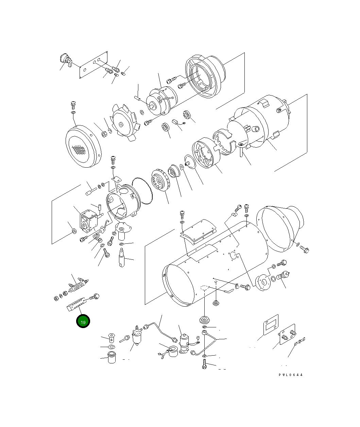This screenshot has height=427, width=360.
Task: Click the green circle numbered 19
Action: coord(83,321)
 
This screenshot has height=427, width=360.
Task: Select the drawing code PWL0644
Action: coord(291,375)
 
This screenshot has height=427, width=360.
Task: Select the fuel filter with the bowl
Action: coord(137,337)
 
